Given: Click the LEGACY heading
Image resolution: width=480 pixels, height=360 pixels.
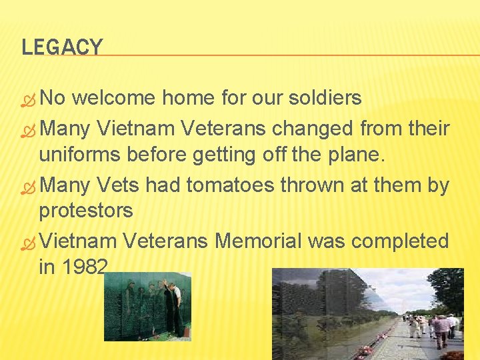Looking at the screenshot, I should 62,47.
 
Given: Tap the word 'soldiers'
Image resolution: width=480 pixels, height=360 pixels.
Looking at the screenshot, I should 325,98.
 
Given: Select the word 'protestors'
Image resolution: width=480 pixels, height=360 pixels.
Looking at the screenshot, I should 86,211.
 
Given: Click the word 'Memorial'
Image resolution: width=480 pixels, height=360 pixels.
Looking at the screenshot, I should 253,240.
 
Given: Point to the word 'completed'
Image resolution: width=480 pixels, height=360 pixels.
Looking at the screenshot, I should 400,240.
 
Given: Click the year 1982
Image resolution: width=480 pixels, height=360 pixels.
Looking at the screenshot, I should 83,267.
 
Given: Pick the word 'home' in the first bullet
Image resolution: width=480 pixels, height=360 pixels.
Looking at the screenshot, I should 187,98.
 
